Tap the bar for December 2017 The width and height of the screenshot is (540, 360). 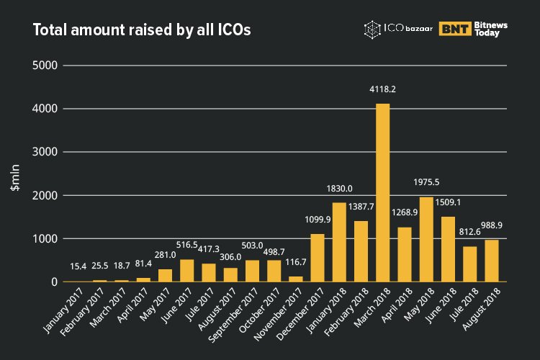[318, 258]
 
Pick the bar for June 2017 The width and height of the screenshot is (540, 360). [186, 270]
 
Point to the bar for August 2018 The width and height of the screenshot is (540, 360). [492, 260]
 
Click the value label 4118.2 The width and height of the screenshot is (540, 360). [382, 91]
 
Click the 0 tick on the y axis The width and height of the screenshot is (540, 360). [53, 282]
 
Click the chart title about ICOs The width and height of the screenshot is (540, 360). [142, 30]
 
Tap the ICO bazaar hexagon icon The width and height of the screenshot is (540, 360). [372, 30]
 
